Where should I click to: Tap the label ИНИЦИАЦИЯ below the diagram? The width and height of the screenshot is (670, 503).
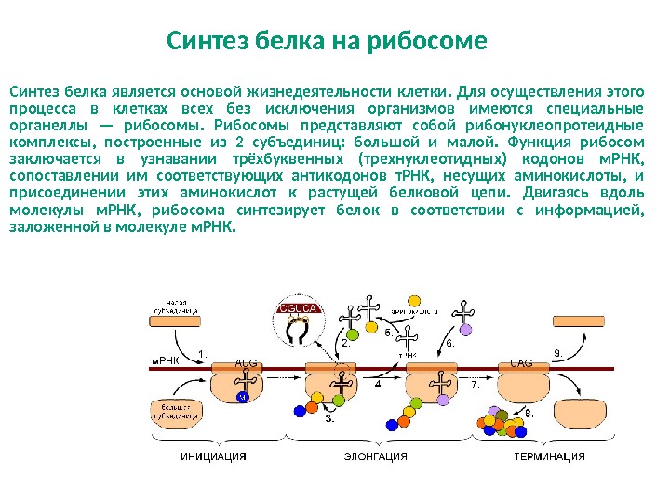(213, 456)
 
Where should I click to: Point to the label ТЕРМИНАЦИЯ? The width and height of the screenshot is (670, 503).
(549, 456)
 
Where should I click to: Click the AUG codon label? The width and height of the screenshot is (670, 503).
(246, 363)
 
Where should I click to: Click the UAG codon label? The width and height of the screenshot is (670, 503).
(521, 363)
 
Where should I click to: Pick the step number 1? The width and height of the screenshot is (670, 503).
(204, 353)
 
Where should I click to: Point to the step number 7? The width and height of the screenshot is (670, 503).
(475, 383)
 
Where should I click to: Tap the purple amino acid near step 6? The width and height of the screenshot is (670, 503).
(465, 329)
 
